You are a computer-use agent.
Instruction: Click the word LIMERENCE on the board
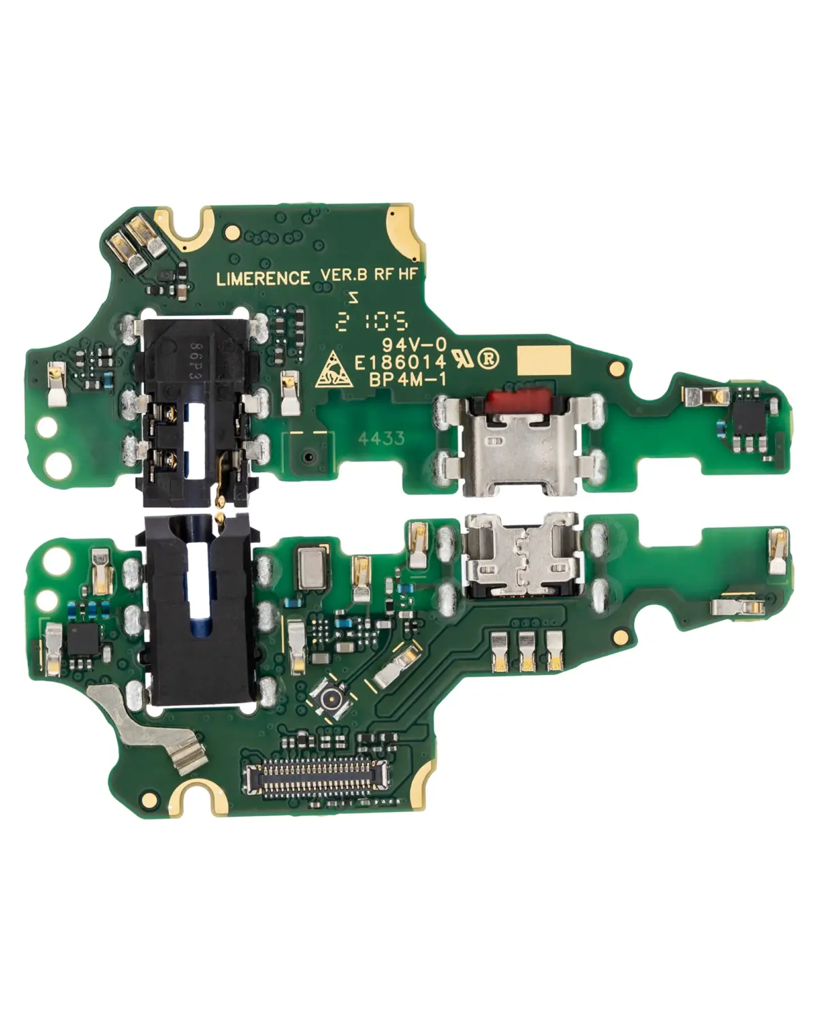[262, 278]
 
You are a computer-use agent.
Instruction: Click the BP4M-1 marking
[411, 380]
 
